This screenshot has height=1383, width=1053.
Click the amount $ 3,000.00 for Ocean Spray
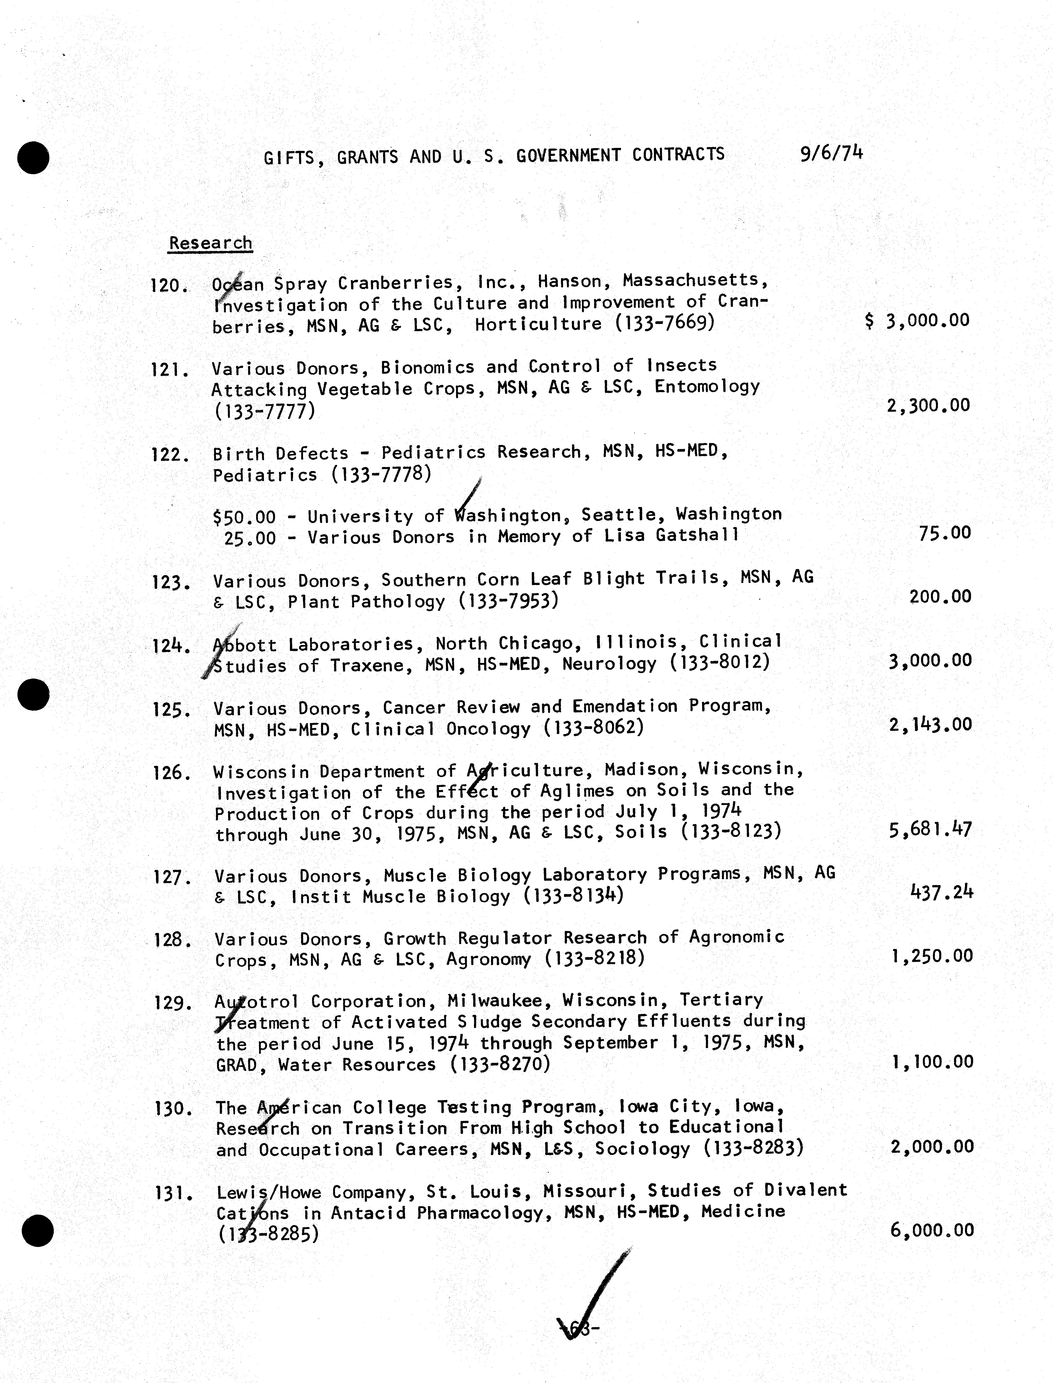click(917, 321)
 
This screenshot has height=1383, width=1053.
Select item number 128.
click(171, 940)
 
